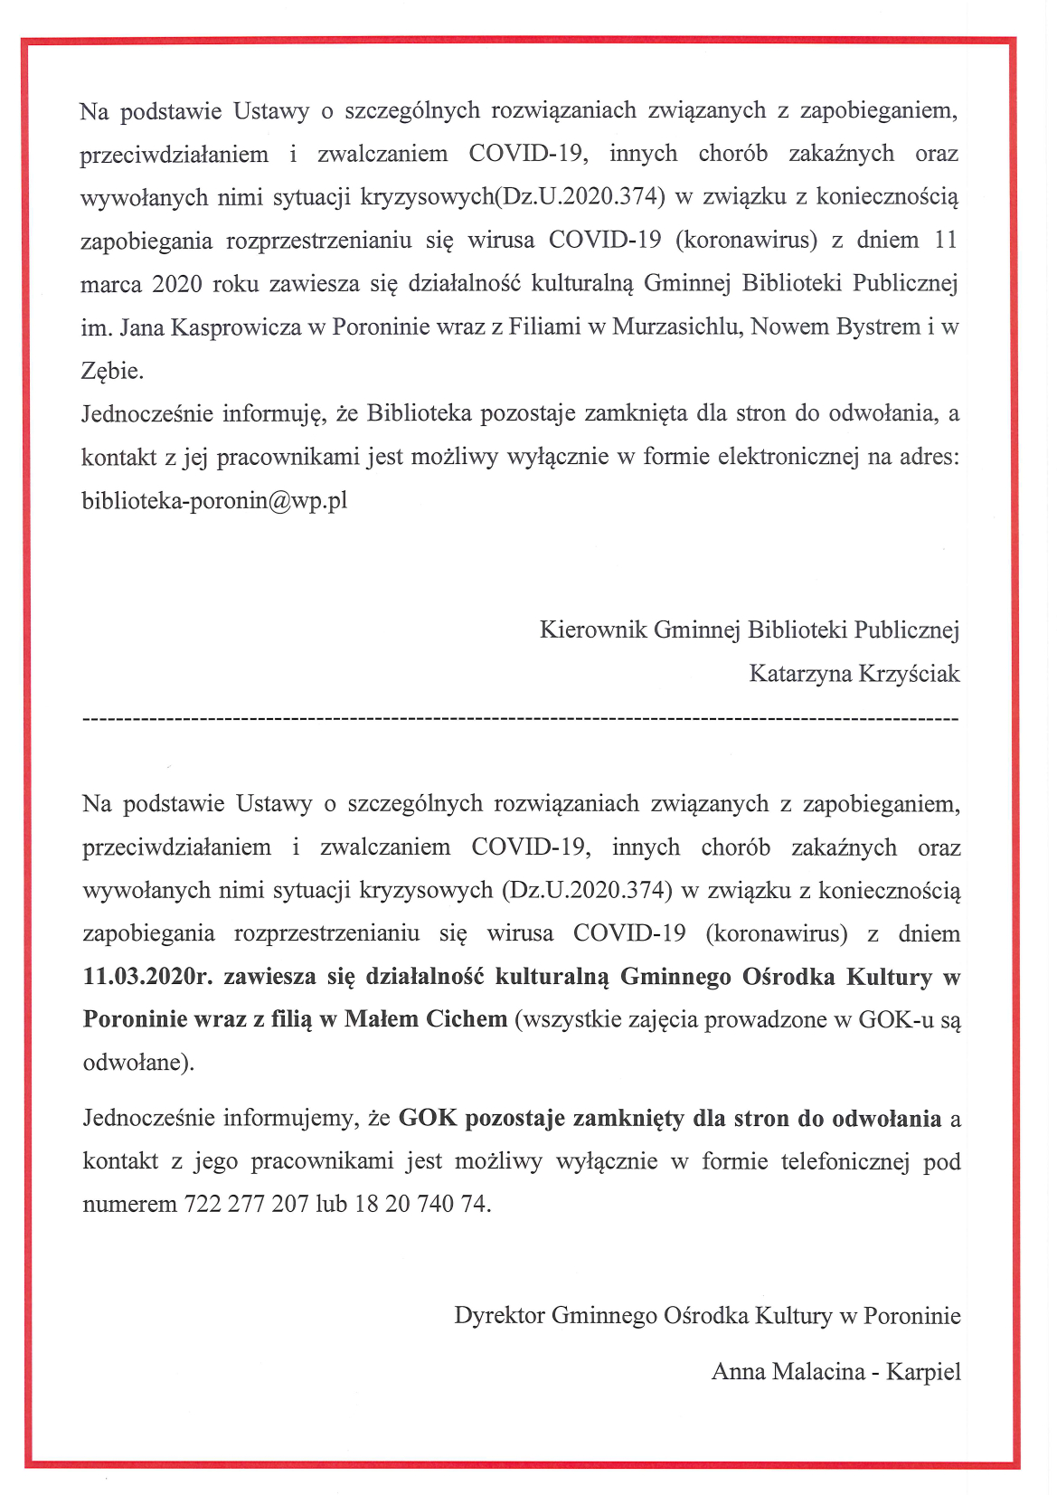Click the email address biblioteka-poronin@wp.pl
(214, 500)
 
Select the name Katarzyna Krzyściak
(854, 674)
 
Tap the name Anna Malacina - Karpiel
(835, 1371)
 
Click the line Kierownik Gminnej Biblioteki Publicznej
(749, 629)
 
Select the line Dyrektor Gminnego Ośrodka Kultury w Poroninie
(707, 1315)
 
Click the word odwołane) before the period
(136, 1062)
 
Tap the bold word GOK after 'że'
(428, 1119)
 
